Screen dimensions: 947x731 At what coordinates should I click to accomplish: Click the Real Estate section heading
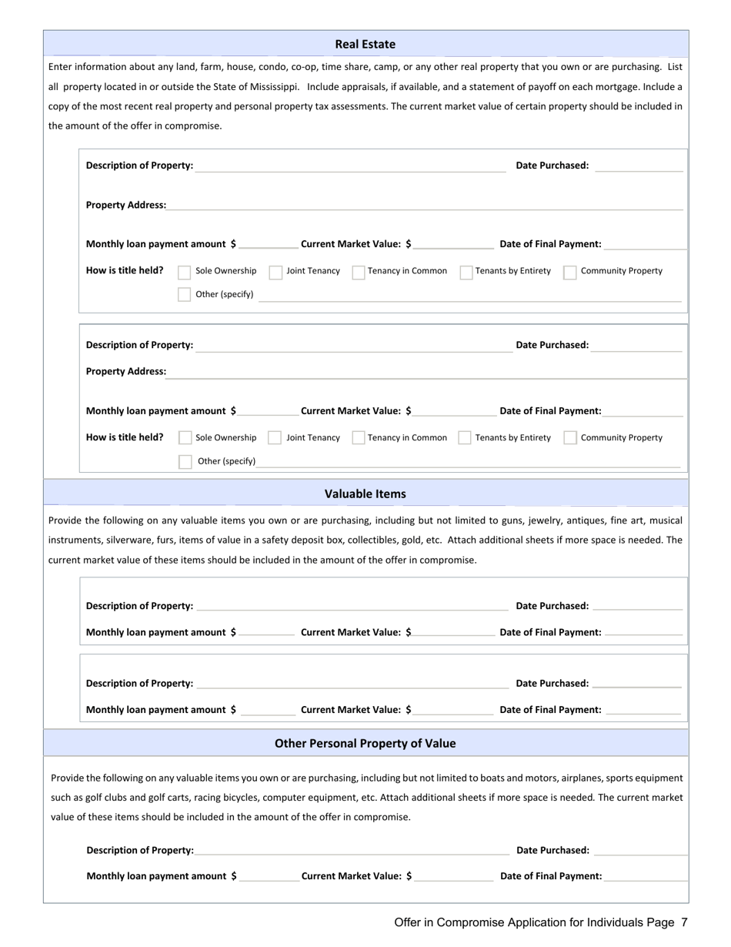365,45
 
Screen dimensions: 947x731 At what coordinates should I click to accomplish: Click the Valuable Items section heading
365,494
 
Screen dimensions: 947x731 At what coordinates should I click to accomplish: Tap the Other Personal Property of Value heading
365,743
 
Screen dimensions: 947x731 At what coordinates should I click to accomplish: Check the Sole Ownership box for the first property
185,272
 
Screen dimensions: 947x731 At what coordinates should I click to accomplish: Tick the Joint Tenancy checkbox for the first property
275,272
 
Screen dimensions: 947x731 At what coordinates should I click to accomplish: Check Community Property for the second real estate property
570,438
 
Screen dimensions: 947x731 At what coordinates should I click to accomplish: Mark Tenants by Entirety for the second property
465,438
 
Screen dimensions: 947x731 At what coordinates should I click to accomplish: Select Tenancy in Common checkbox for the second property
359,438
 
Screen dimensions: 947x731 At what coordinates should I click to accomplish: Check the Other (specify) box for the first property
185,294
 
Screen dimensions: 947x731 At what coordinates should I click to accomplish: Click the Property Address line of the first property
423,204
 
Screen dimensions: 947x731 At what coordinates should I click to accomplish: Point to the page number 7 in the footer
684,922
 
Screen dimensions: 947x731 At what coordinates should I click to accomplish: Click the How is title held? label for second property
125,437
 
